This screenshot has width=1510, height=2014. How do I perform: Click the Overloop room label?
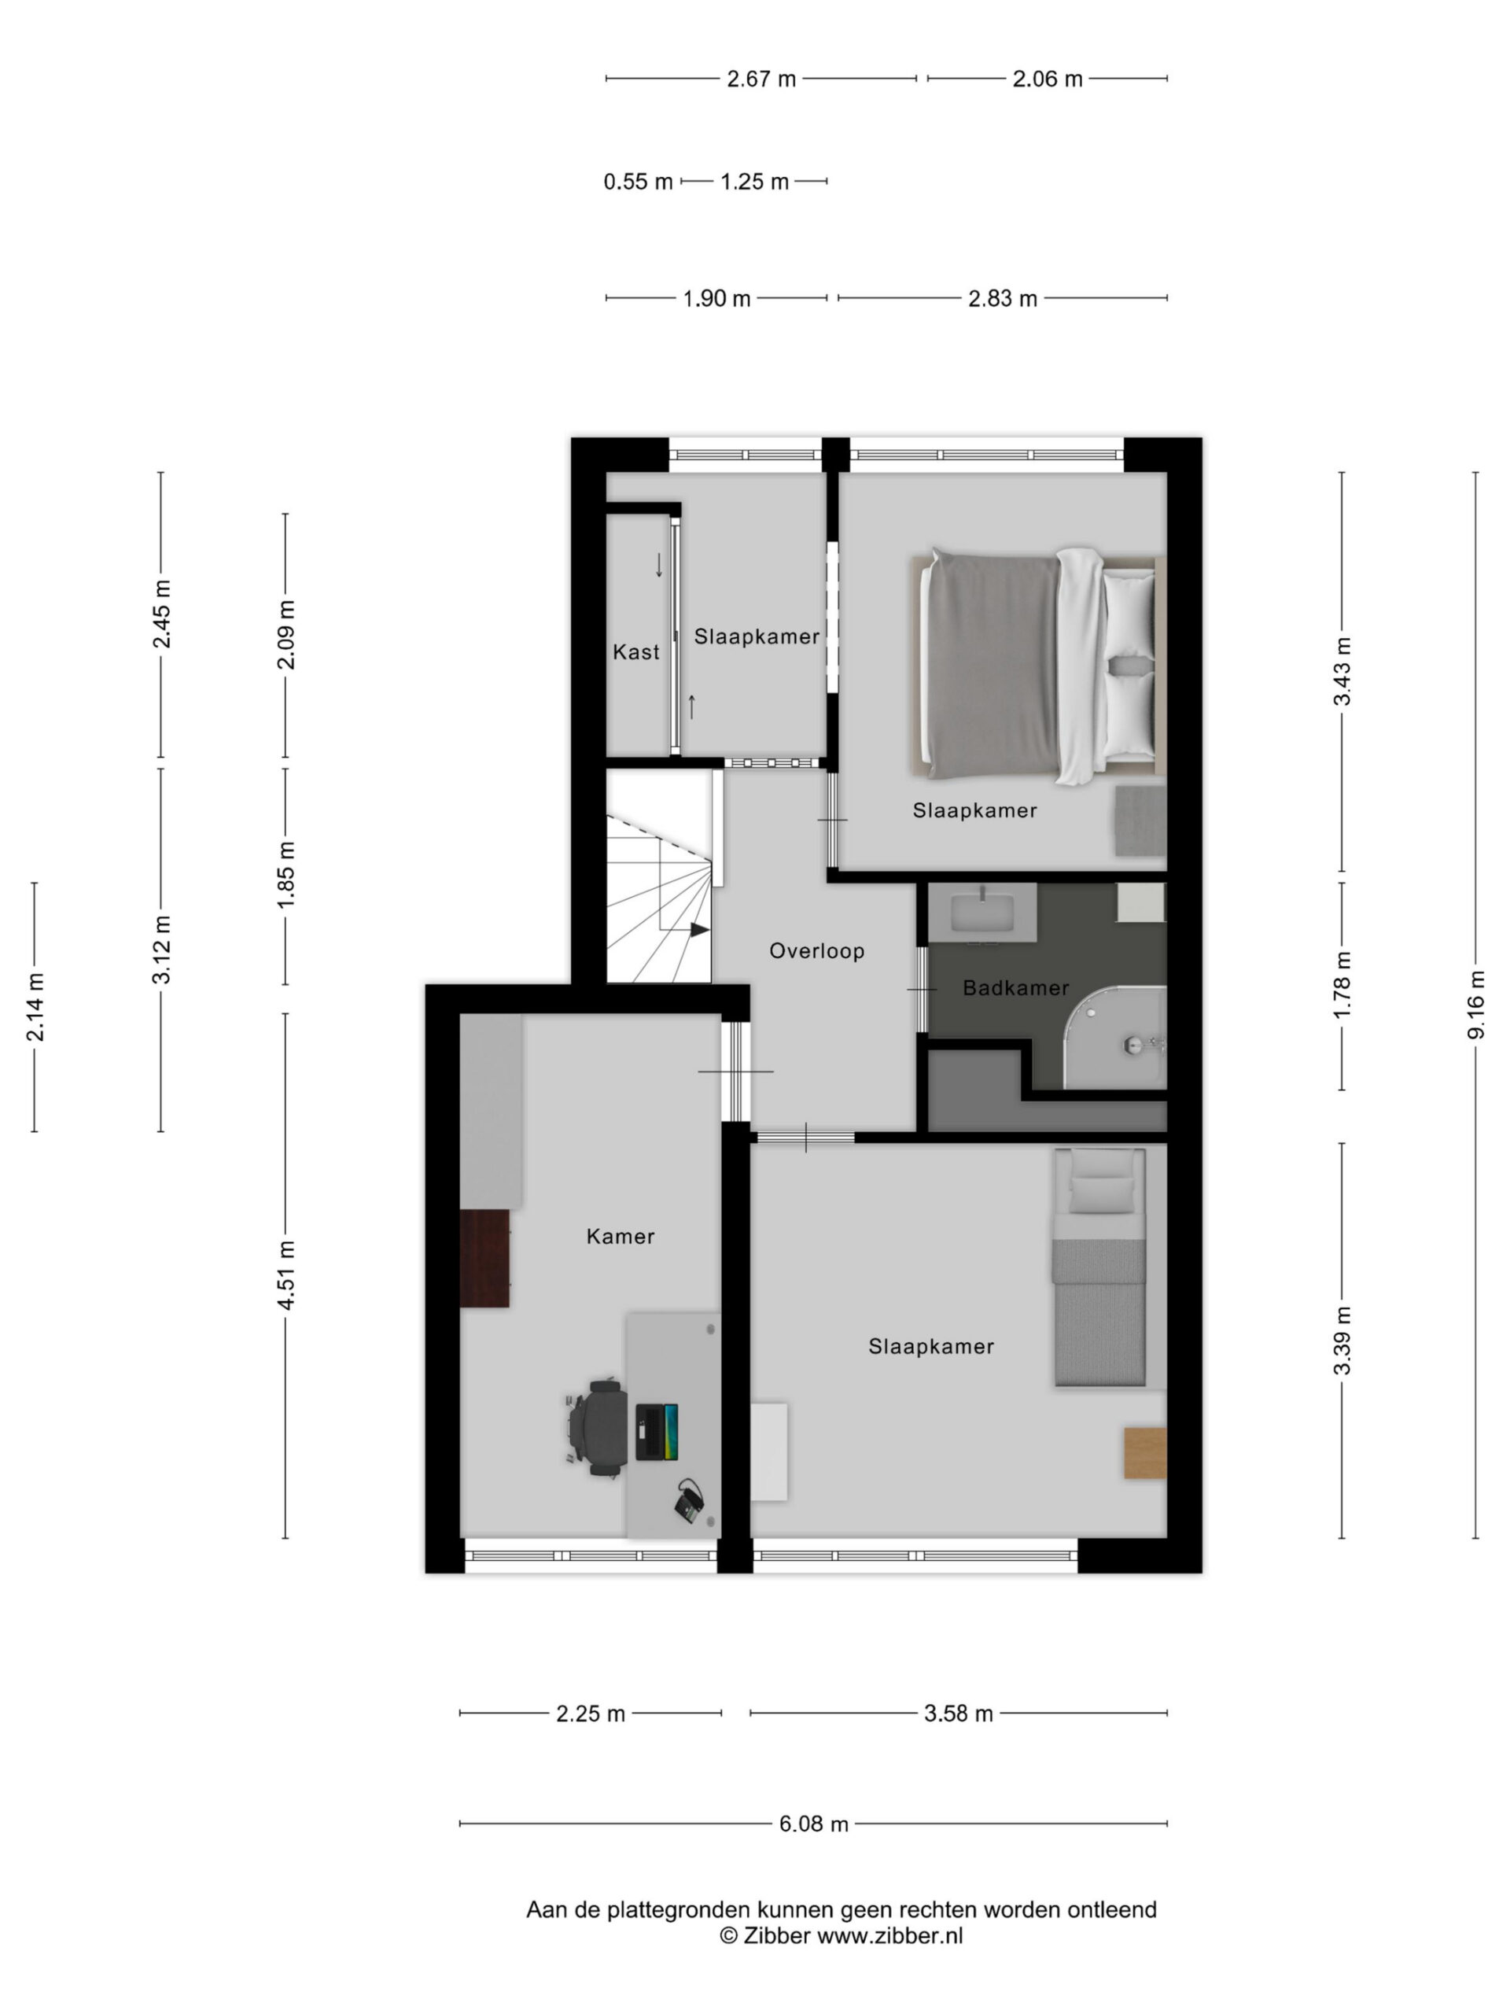click(816, 950)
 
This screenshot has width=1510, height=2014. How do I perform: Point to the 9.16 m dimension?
click(1475, 1005)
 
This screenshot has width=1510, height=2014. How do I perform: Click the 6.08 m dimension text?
click(812, 1824)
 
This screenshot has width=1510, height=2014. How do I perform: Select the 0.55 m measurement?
click(637, 182)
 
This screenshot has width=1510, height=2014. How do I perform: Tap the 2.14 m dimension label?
click(35, 1007)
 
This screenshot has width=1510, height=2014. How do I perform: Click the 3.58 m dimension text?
click(958, 1713)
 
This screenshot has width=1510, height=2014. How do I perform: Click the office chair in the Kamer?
click(596, 1428)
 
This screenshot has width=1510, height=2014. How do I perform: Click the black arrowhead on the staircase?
click(699, 930)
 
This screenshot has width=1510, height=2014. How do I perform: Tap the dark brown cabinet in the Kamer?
click(484, 1258)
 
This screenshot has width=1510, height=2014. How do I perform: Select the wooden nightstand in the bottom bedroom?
click(1145, 1453)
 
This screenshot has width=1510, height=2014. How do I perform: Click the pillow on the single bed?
click(1100, 1192)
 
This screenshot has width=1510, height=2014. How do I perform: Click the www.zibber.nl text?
click(889, 1935)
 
